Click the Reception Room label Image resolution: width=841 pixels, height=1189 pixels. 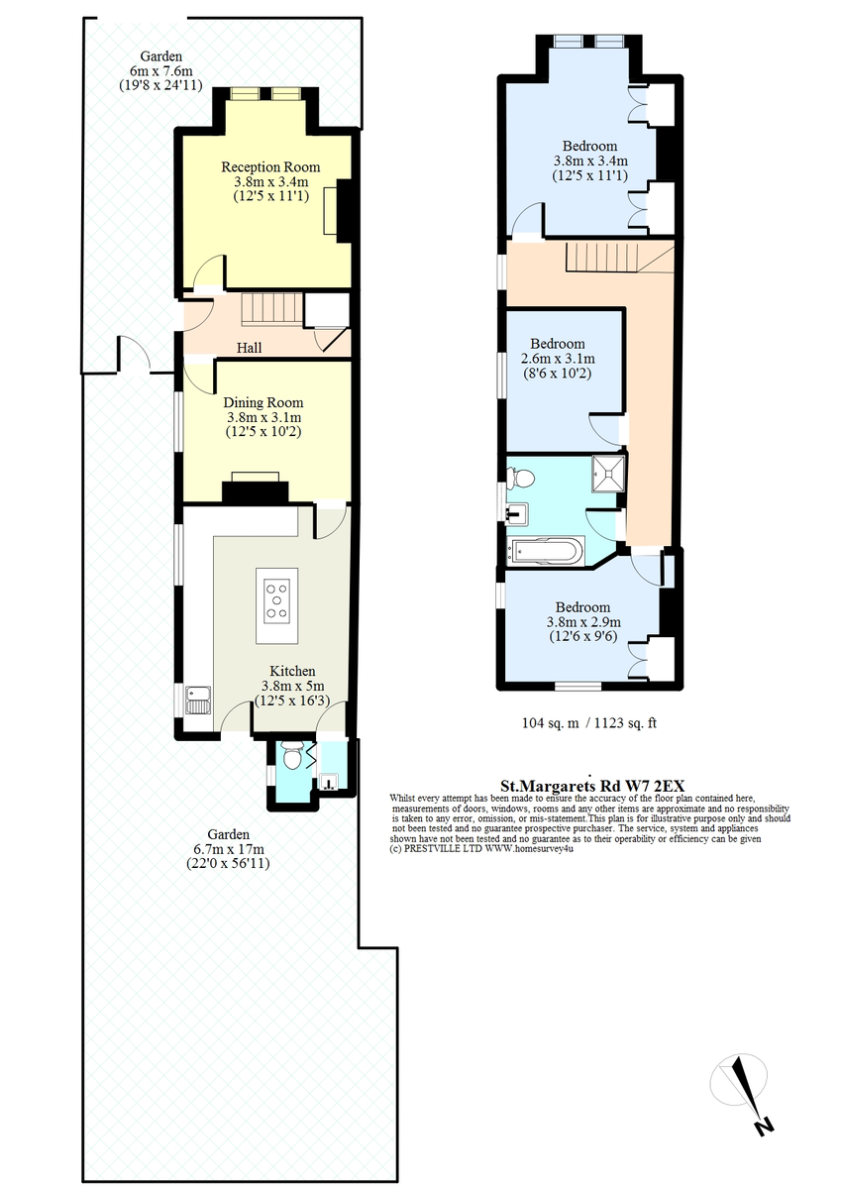(270, 167)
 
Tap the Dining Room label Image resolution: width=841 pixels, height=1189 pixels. (263, 403)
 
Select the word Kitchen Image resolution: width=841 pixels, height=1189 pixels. (292, 671)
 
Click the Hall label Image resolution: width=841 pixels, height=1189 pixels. (249, 348)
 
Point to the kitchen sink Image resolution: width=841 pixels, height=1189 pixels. (199, 701)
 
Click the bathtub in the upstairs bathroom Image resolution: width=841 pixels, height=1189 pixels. (545, 551)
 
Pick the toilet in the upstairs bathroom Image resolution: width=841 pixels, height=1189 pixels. (520, 479)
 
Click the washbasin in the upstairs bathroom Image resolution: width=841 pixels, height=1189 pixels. (517, 514)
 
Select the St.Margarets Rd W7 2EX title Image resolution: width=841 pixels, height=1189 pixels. (592, 786)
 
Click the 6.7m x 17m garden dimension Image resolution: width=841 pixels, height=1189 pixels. (229, 849)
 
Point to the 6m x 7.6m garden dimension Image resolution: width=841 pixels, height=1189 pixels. (160, 70)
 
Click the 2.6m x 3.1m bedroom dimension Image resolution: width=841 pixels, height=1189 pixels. (558, 359)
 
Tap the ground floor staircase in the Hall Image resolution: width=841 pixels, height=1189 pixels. (272, 309)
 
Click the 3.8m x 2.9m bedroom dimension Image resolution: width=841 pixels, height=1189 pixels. (583, 621)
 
